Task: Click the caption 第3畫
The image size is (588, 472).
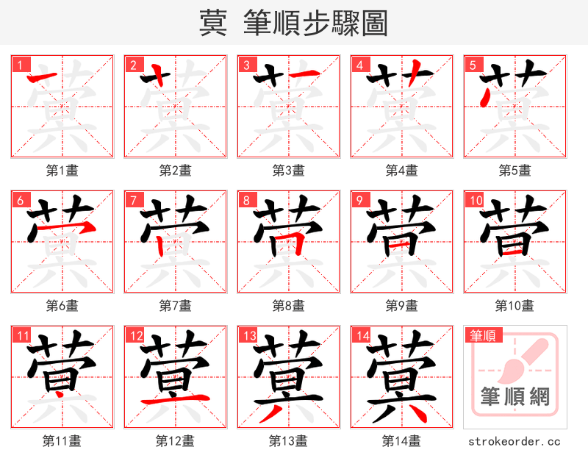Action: coord(288,171)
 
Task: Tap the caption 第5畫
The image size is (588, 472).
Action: coord(514,171)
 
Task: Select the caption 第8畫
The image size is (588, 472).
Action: coord(288,305)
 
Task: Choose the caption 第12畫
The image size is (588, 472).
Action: coord(175,441)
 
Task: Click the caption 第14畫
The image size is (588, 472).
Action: coord(401,441)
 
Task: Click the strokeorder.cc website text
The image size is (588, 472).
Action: coord(514,442)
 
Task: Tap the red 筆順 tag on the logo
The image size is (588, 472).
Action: coord(481,336)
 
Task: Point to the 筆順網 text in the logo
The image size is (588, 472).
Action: coord(514,397)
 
